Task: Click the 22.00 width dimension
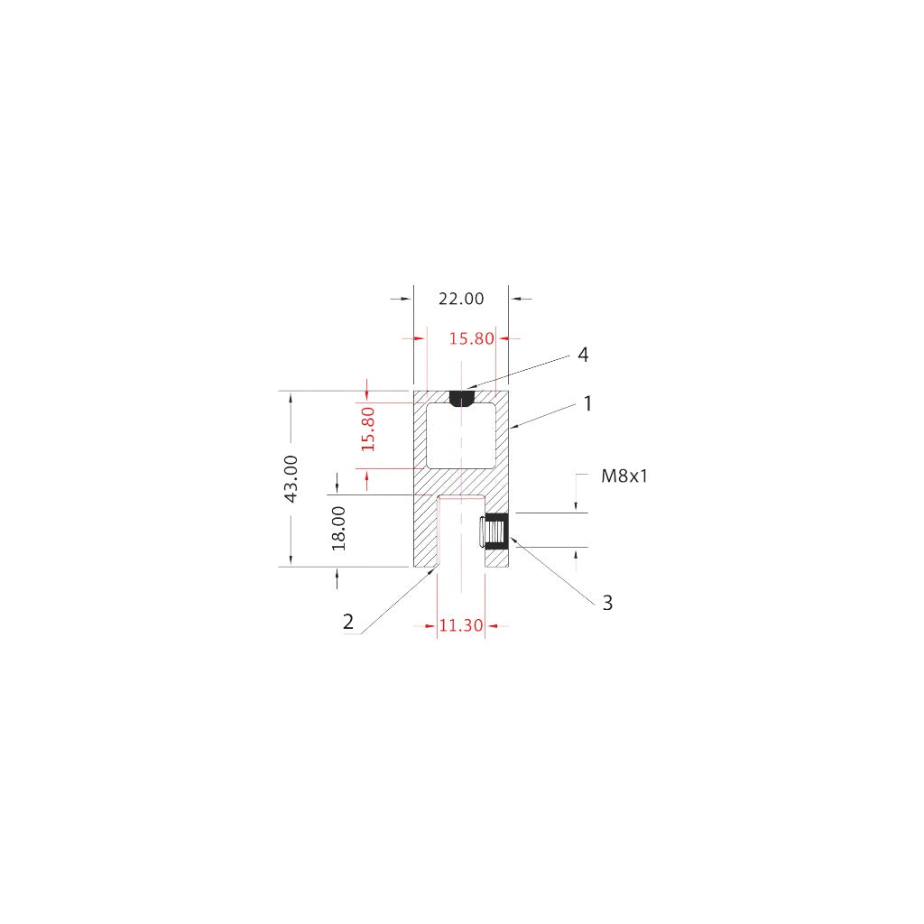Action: pyautogui.click(x=461, y=299)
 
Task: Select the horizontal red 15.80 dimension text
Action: pyautogui.click(x=472, y=339)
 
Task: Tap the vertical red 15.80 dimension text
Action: pyautogui.click(x=367, y=429)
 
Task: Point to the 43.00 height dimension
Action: pyautogui.click(x=291, y=478)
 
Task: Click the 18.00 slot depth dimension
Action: pyautogui.click(x=338, y=529)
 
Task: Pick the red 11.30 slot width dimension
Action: pyautogui.click(x=460, y=625)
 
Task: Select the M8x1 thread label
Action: pyautogui.click(x=624, y=476)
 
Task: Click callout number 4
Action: pyautogui.click(x=583, y=355)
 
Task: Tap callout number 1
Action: pyautogui.click(x=587, y=403)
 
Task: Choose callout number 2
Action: pyautogui.click(x=348, y=622)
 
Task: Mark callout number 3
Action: pyautogui.click(x=607, y=603)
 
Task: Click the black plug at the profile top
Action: pyautogui.click(x=461, y=398)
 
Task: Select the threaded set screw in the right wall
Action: pyautogui.click(x=495, y=531)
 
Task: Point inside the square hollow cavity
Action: pyautogui.click(x=460, y=435)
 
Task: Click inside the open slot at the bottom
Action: pyautogui.click(x=460, y=537)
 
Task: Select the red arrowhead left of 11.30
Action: pyautogui.click(x=430, y=625)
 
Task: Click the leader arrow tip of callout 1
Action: pyautogui.click(x=512, y=425)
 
